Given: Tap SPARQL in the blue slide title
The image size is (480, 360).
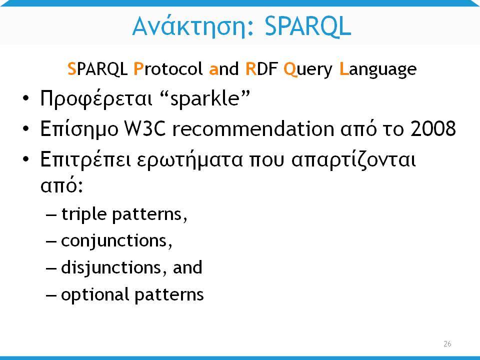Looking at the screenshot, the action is (x=307, y=26).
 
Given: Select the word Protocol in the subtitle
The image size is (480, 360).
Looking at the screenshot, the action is (x=168, y=68).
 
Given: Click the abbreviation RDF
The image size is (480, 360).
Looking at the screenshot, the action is (x=261, y=68).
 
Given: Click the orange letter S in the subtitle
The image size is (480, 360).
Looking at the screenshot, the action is (x=71, y=68).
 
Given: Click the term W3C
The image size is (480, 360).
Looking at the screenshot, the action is (x=145, y=128).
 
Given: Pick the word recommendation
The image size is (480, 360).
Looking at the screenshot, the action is (x=253, y=128).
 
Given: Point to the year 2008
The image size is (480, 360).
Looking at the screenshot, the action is (x=433, y=128).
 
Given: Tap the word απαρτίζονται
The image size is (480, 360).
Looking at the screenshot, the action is (x=353, y=160).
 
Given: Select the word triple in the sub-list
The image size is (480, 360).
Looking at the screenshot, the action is (x=84, y=214).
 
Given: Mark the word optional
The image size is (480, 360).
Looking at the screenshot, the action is (x=95, y=295).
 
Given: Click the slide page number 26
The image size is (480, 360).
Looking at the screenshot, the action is (x=447, y=344).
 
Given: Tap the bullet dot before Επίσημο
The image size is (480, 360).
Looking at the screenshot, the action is (x=25, y=129).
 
